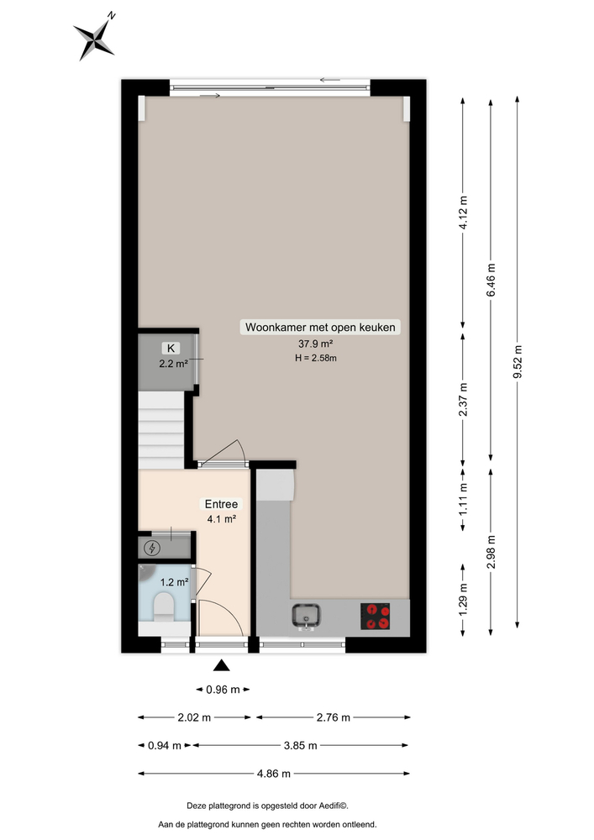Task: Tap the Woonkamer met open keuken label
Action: point(320,328)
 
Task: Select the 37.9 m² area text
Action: point(315,344)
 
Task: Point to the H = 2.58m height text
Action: point(315,358)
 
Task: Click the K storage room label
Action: point(171,349)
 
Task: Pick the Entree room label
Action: point(221,504)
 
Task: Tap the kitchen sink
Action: point(307,616)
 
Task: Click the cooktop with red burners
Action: point(375,616)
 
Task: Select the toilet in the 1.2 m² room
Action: point(164,606)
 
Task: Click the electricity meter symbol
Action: point(153,548)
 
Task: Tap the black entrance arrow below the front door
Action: point(221,665)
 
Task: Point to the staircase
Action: point(161,430)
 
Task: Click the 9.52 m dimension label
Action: point(518,362)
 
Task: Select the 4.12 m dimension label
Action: point(463,213)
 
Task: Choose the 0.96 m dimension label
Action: point(223,690)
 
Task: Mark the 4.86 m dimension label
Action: point(274,774)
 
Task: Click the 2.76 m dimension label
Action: point(334,717)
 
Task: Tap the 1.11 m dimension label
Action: point(463,499)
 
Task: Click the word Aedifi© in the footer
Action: point(334,806)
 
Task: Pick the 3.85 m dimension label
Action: point(301,745)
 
